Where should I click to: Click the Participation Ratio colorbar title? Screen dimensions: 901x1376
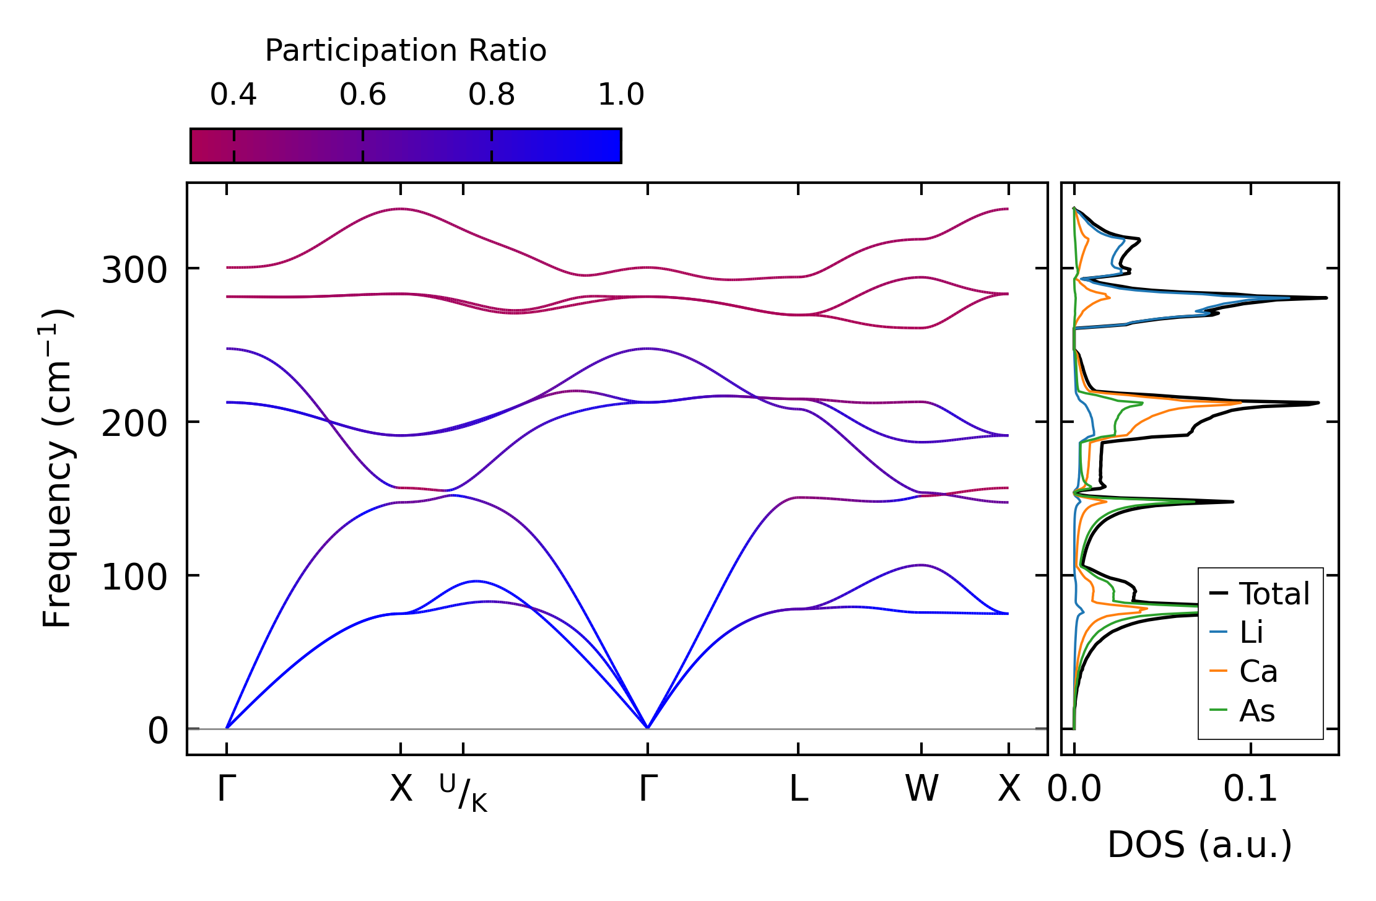[406, 51]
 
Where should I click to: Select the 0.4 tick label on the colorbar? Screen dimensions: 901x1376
[233, 95]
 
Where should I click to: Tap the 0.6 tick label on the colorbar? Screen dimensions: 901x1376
[363, 95]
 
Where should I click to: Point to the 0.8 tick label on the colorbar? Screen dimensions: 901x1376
[492, 95]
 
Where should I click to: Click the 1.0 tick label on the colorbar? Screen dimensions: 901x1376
[621, 95]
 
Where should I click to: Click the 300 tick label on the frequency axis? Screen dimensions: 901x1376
[134, 271]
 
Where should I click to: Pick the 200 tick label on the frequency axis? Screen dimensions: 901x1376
[134, 424]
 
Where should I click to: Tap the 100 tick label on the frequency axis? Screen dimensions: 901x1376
[134, 578]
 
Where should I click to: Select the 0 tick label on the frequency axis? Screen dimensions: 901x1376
[158, 731]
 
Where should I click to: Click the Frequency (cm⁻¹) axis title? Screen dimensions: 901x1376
[57, 468]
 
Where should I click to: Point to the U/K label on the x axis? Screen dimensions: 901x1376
[463, 793]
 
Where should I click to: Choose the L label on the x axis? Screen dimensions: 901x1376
[798, 790]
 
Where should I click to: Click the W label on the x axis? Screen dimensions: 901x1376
[921, 790]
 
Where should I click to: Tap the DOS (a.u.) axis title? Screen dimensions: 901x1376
[1200, 845]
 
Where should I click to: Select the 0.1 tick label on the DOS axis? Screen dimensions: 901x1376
[1250, 790]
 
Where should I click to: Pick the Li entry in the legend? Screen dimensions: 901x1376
[1251, 632]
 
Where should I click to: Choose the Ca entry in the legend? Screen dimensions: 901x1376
[1258, 671]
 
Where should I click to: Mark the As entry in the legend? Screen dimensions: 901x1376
[1256, 710]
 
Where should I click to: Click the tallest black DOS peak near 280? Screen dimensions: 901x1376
[1325, 298]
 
